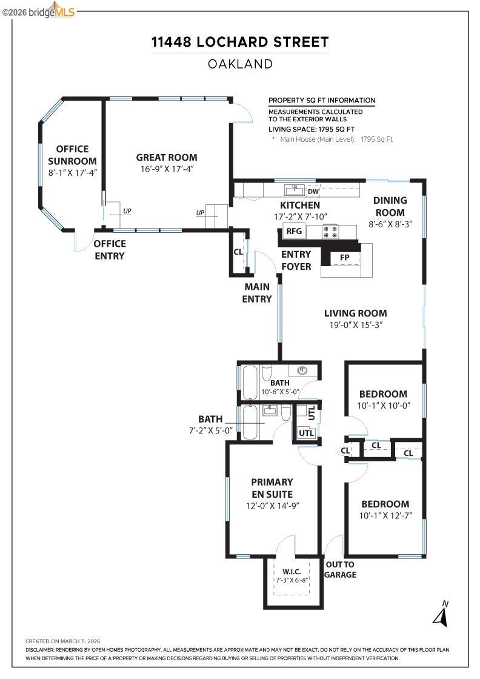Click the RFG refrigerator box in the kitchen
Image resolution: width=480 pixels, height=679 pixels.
click(x=294, y=231)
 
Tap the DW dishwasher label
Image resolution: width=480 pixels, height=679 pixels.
click(x=313, y=192)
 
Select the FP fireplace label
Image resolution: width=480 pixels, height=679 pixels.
click(x=344, y=257)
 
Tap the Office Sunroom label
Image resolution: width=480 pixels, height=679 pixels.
click(x=72, y=155)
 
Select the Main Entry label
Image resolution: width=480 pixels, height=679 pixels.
click(x=257, y=293)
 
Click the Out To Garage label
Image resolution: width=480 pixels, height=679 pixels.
click(x=340, y=569)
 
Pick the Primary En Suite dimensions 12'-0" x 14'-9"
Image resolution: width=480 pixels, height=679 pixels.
click(x=272, y=505)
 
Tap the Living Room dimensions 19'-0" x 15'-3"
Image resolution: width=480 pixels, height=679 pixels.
click(x=355, y=325)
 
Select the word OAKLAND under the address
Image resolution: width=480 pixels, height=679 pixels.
click(x=240, y=64)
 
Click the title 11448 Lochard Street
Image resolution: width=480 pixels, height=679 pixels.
click(x=240, y=42)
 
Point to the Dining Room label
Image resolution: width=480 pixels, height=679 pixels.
click(x=390, y=206)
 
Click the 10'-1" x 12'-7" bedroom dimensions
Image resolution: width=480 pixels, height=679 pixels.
click(x=385, y=516)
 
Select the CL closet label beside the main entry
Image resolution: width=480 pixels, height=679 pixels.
click(x=238, y=252)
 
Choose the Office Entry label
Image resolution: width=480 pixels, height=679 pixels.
click(x=109, y=250)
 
